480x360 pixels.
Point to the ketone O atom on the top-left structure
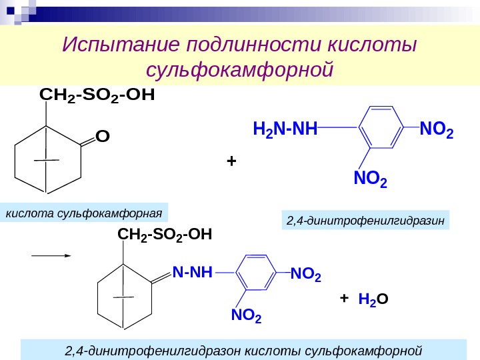pos(102,137)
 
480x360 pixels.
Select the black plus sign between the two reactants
pos(231,161)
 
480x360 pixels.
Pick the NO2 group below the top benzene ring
pos(369,179)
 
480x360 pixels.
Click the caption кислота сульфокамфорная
pos(84,213)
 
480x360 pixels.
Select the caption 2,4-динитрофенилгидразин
pos(365,221)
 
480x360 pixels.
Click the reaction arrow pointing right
pos(52,255)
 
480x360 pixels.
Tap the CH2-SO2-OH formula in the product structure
pos(165,235)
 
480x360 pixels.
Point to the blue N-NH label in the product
pos(192,272)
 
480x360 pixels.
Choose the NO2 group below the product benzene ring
pos(246,315)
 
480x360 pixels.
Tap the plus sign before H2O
pos(344,298)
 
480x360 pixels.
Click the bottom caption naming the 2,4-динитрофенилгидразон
pos(244,350)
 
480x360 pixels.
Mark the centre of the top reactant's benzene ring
pos(380,127)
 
